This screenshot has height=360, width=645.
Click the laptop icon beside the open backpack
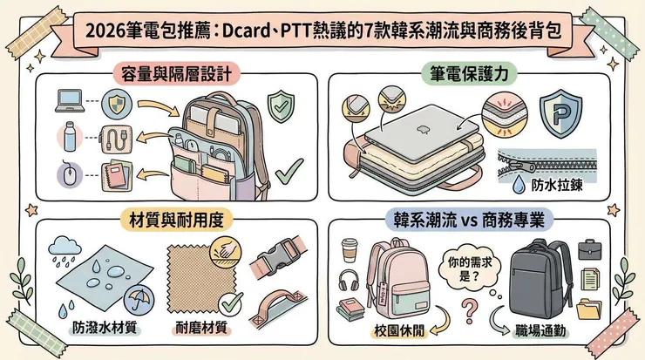click(67, 101)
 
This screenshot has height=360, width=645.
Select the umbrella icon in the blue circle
click(137, 301)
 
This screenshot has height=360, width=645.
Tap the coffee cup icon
click(350, 250)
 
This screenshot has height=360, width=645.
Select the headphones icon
click(350, 281)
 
